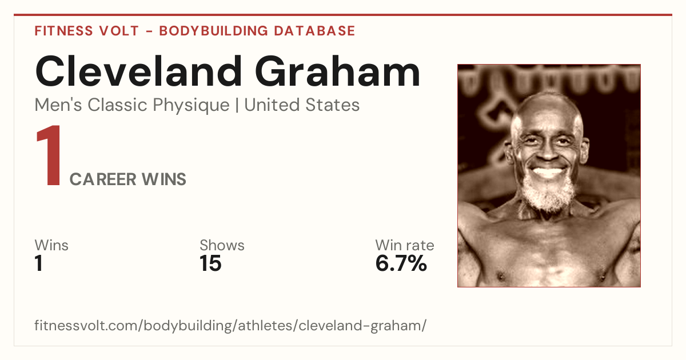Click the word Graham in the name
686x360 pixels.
tap(337, 71)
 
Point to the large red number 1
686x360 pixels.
tap(49, 155)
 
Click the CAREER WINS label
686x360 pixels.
tap(127, 179)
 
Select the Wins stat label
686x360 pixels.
tap(51, 245)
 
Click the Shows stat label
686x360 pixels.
tap(222, 245)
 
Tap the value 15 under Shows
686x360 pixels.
tap(210, 263)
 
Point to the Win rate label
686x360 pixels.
tap(405, 245)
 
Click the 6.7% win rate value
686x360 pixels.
tap(401, 263)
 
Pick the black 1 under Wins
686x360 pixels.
tap(39, 263)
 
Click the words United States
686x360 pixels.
tap(302, 105)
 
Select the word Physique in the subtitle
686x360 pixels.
tap(191, 106)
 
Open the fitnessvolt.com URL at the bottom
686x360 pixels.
tap(230, 326)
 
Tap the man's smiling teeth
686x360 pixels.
tap(548, 172)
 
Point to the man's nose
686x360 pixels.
tap(548, 152)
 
